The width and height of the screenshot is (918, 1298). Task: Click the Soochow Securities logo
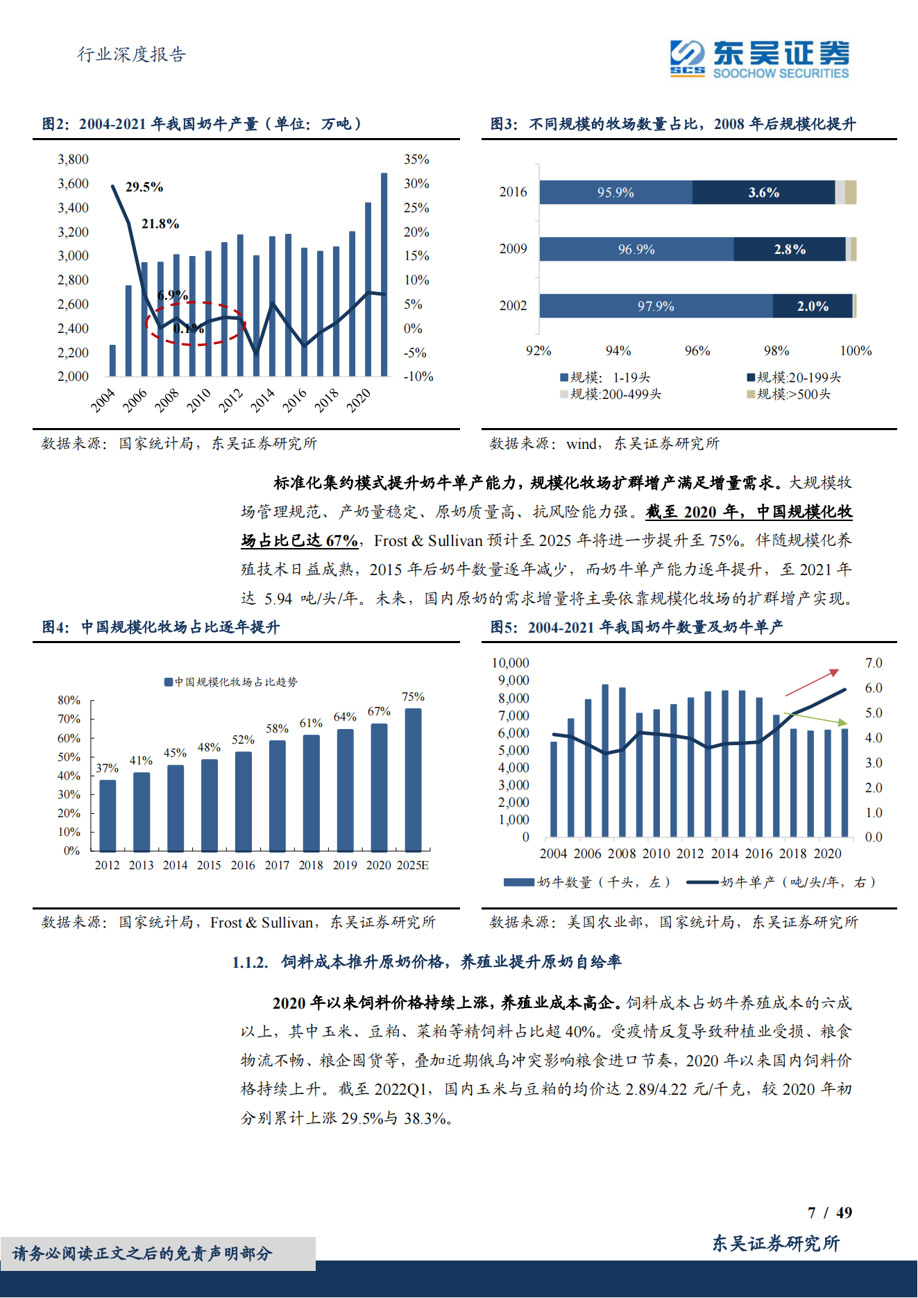[759, 58]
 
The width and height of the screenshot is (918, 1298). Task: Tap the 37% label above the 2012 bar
[107, 768]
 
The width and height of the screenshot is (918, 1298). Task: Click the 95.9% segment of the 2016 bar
[615, 192]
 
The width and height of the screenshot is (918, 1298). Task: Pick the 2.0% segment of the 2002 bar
[812, 306]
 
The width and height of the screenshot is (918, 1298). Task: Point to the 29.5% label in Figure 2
[144, 187]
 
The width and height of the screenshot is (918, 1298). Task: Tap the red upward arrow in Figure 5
[812, 683]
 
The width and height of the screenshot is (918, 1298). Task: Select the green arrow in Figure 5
[815, 718]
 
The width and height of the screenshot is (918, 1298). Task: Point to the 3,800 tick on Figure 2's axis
[73, 160]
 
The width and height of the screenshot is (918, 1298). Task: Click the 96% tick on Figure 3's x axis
[697, 351]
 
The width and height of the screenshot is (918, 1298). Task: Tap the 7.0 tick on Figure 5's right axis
[873, 663]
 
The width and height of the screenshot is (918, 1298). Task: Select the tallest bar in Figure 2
[384, 274]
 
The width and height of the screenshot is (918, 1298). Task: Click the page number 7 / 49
[829, 1212]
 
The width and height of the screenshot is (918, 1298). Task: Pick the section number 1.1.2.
[250, 962]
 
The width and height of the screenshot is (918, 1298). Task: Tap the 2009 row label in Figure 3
[513, 248]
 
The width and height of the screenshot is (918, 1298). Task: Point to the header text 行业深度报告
[131, 54]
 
